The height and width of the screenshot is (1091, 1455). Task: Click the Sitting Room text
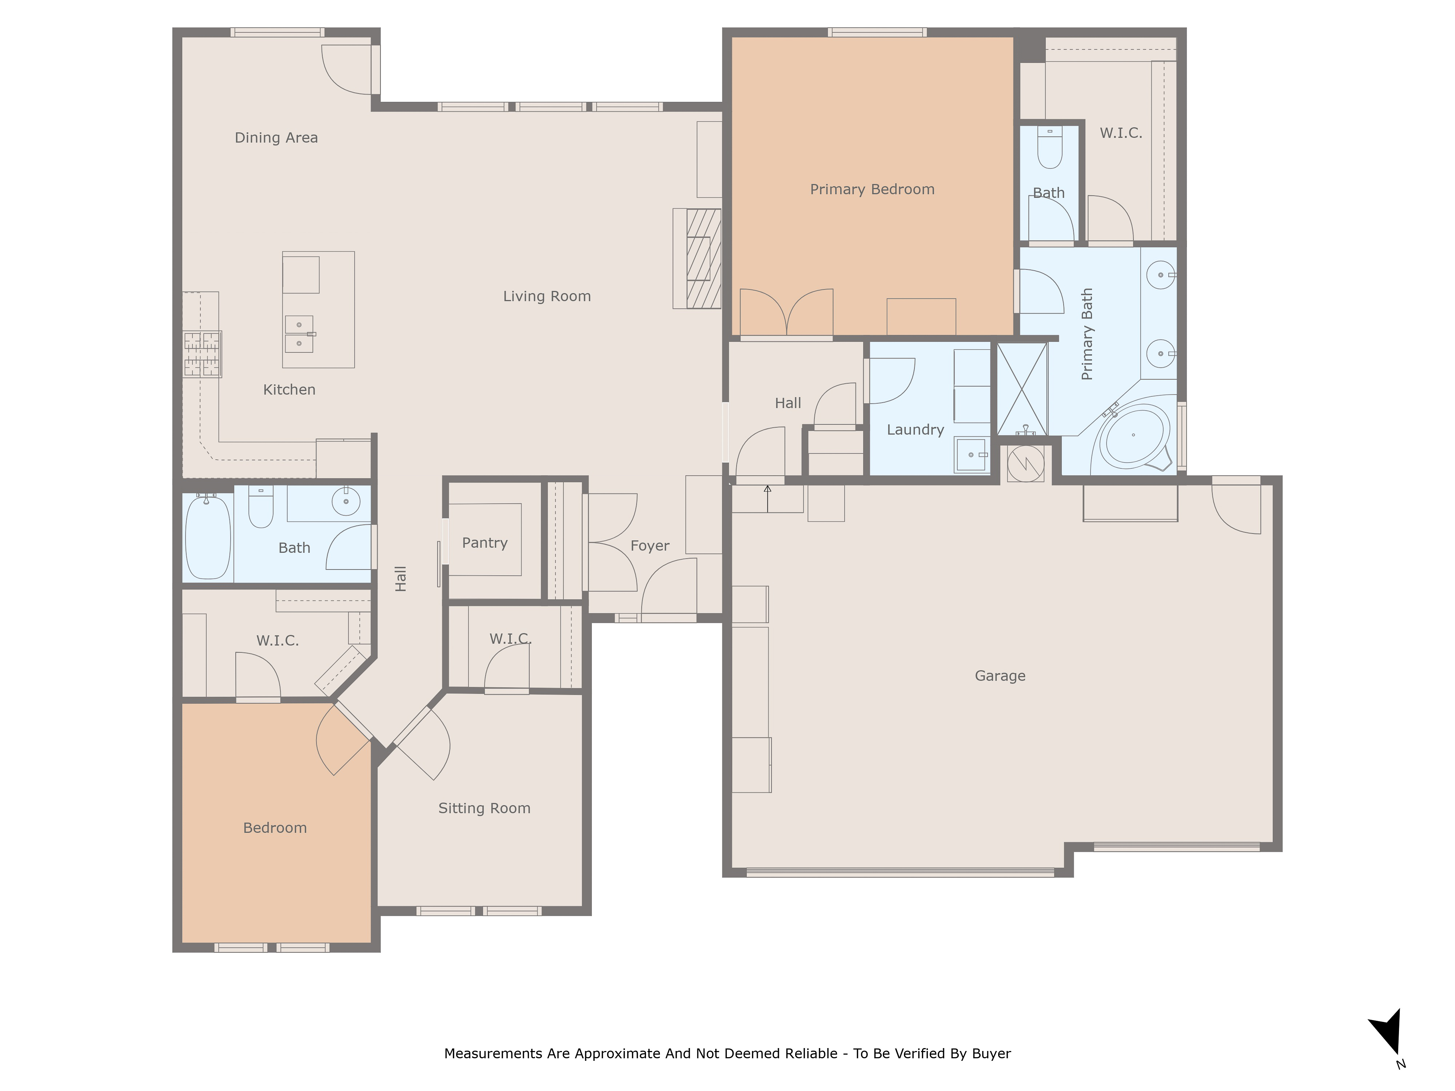click(484, 808)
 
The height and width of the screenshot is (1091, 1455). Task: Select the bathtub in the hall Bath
click(208, 537)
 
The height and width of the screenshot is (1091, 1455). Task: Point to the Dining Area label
click(276, 137)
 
